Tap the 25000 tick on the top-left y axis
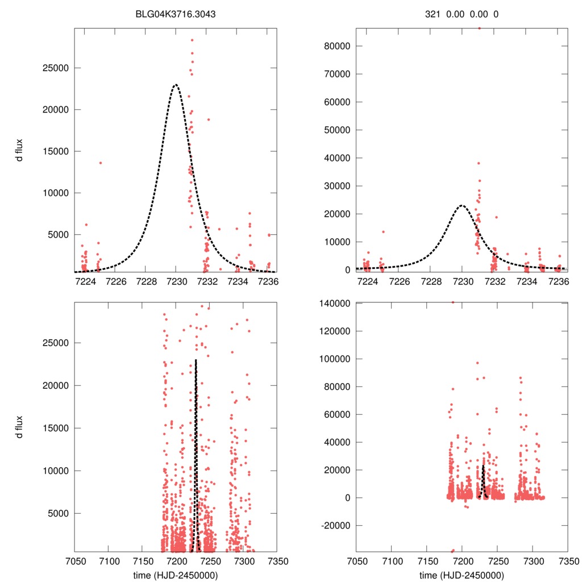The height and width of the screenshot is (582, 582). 57,68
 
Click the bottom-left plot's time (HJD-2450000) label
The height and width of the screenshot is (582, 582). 175,575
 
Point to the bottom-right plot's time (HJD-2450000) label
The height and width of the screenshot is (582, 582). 462,575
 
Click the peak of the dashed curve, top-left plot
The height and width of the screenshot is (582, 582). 176,85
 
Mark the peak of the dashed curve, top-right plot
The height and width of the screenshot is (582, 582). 462,205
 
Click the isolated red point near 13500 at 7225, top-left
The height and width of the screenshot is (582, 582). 101,163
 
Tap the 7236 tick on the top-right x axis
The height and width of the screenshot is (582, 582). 559,281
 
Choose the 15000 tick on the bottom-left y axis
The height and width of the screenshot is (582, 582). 57,428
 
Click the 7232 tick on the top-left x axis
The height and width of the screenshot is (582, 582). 207,281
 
